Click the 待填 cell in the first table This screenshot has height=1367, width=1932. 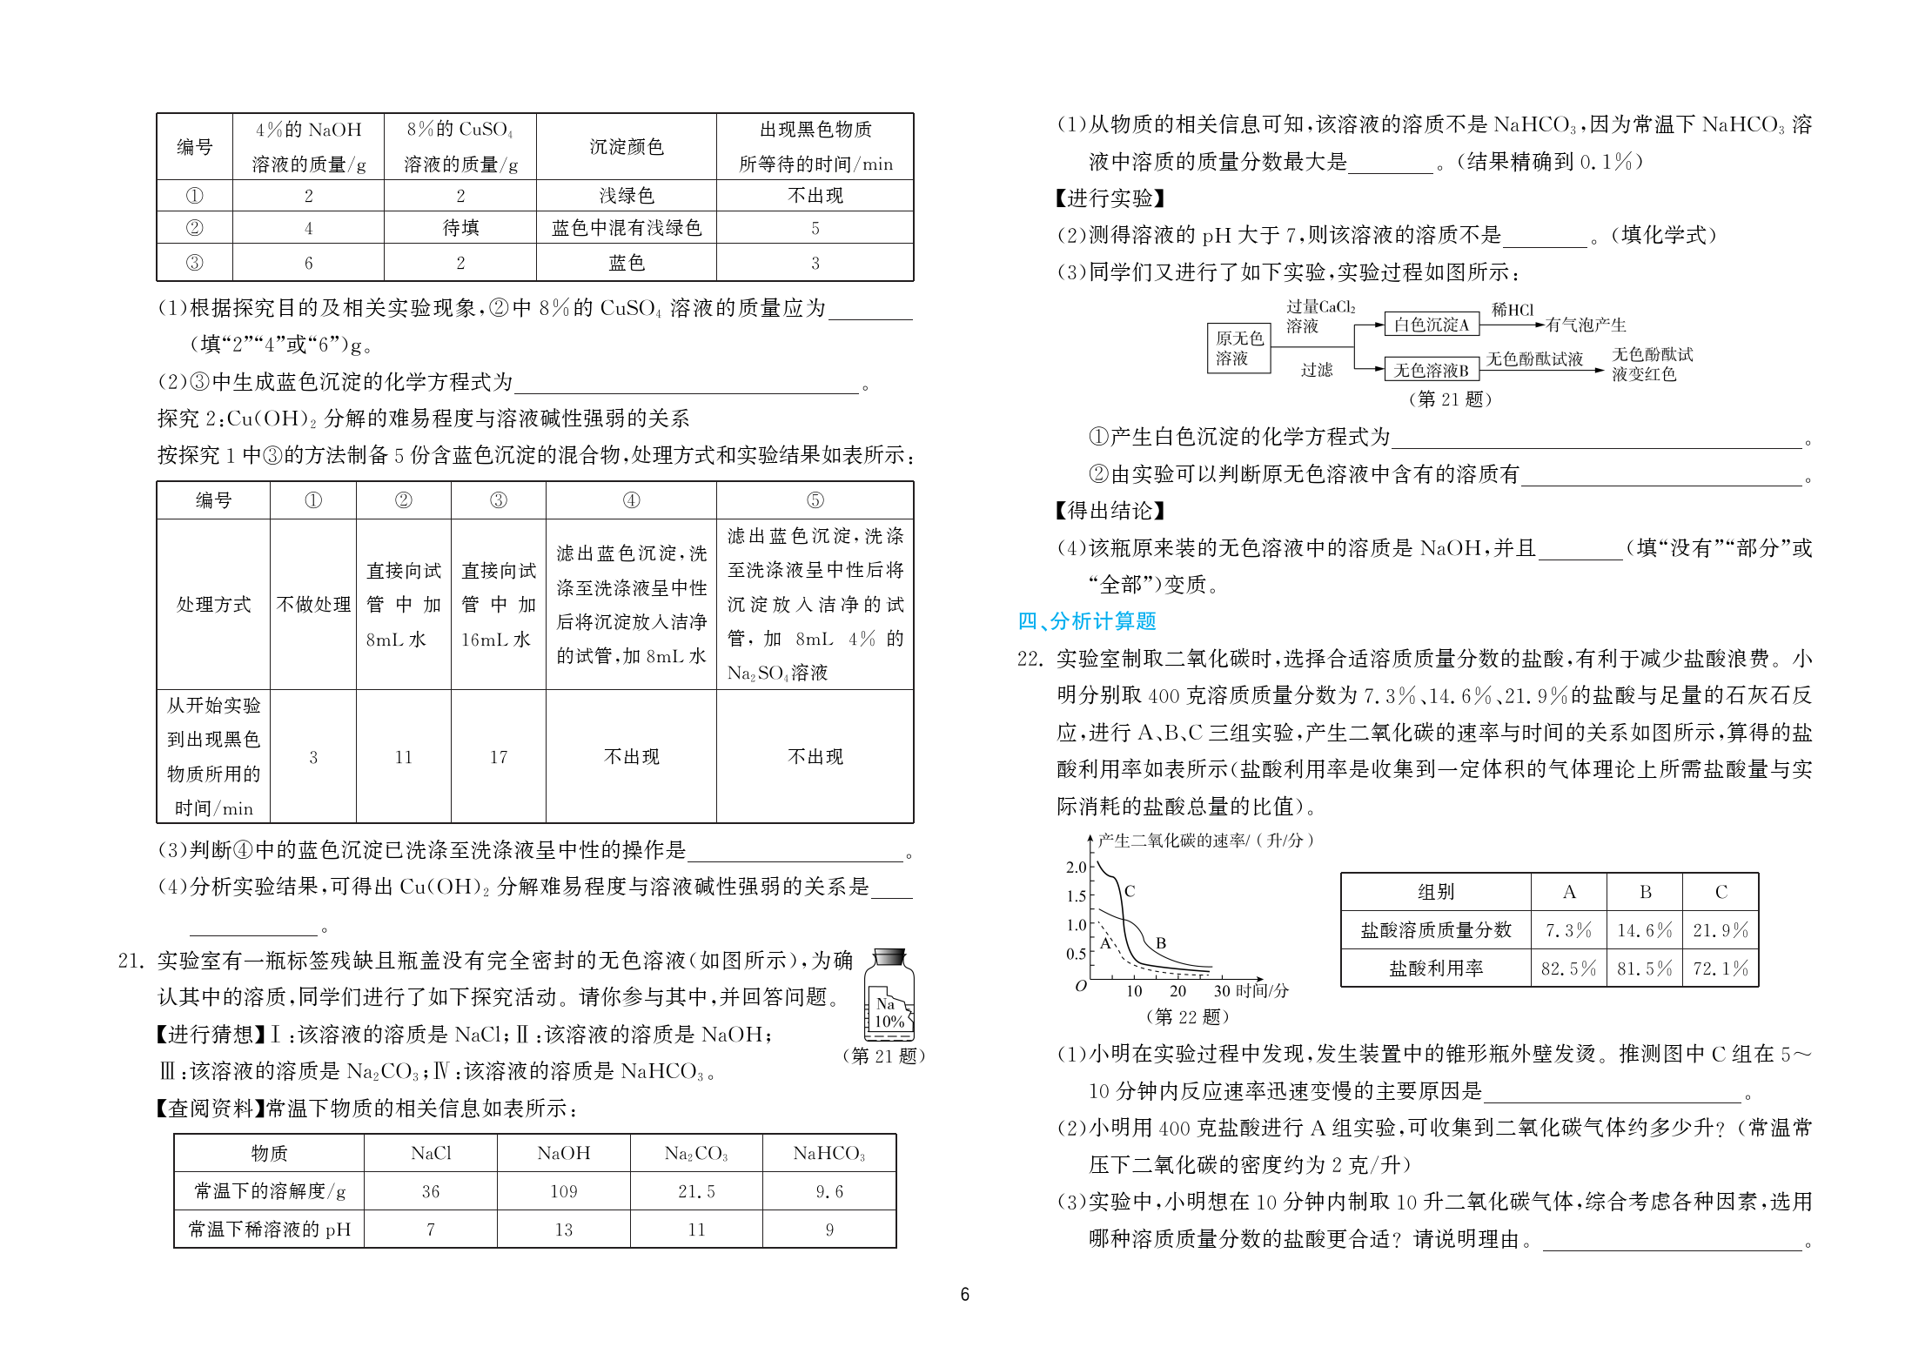pyautogui.click(x=460, y=228)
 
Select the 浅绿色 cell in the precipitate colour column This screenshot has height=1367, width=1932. pyautogui.click(x=626, y=196)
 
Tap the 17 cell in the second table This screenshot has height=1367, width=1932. pyautogui.click(x=498, y=757)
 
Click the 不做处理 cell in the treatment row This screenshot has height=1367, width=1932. pyautogui.click(x=313, y=604)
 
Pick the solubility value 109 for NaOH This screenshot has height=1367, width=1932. pyautogui.click(x=563, y=1191)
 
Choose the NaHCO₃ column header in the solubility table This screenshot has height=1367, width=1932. pyautogui.click(x=828, y=1153)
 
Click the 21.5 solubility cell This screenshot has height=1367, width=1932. pyautogui.click(x=696, y=1191)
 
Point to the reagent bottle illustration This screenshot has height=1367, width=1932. pyautogui.click(x=889, y=994)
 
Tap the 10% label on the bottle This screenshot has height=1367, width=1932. pyautogui.click(x=889, y=1022)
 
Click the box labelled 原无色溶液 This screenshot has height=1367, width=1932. pyautogui.click(x=1238, y=348)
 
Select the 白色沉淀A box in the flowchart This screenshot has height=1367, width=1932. pyautogui.click(x=1431, y=325)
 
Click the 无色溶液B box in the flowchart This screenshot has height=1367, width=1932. pyautogui.click(x=1431, y=371)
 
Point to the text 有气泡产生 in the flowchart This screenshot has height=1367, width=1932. pyautogui.click(x=1586, y=325)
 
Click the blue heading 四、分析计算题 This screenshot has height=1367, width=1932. pyautogui.click(x=1086, y=621)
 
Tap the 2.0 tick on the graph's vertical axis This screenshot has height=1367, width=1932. pyautogui.click(x=1076, y=867)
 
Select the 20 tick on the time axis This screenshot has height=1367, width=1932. pyautogui.click(x=1177, y=991)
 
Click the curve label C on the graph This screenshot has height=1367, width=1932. pyautogui.click(x=1130, y=891)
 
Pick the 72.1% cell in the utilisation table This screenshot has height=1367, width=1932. pyautogui.click(x=1720, y=968)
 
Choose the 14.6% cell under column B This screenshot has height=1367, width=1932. pyautogui.click(x=1644, y=930)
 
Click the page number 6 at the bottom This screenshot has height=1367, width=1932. pyautogui.click(x=964, y=1295)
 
